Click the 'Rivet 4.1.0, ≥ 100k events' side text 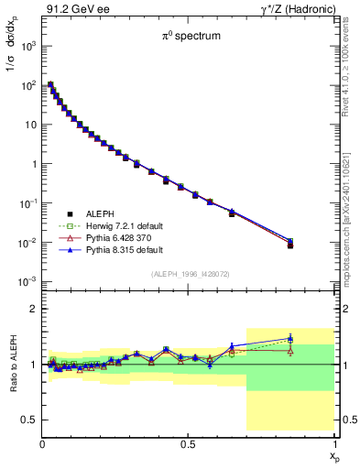click(x=352, y=69)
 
